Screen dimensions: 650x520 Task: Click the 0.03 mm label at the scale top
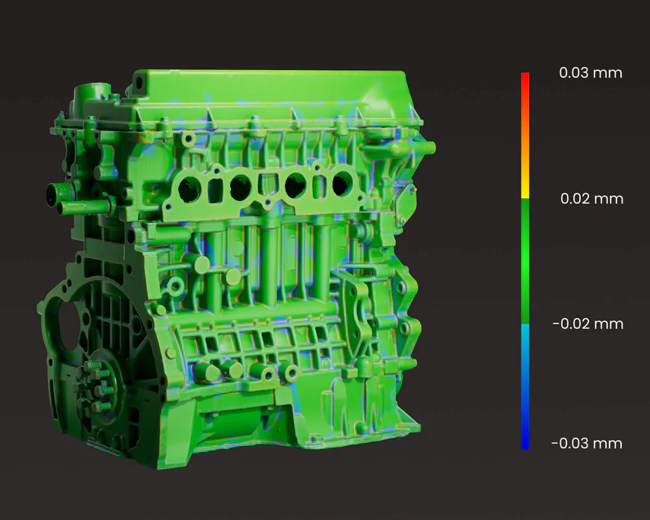point(591,73)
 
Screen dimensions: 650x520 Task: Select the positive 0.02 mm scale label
point(591,199)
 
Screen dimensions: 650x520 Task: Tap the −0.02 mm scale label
point(588,324)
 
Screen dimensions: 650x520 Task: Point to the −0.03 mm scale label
point(587,444)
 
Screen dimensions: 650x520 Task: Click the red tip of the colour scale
point(525,83)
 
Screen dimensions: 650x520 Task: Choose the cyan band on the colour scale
point(525,336)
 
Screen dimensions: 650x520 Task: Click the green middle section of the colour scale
point(525,261)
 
